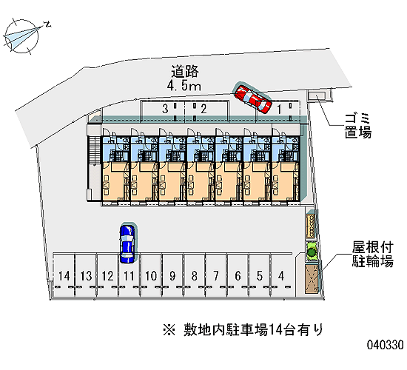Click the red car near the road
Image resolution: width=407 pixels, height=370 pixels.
pos(253,99)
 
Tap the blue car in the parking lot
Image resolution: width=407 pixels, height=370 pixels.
pos(127,243)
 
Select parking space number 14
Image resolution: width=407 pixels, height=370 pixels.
pos(64,276)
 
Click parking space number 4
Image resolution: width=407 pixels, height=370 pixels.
pos(281,276)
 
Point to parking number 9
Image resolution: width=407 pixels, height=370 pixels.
pos(172,276)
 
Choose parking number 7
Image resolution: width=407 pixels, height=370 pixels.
pos(216,276)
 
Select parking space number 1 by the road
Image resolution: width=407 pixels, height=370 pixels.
pos(279,110)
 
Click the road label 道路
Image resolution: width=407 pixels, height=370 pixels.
pos(185,72)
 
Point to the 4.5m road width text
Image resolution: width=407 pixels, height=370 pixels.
pos(184,85)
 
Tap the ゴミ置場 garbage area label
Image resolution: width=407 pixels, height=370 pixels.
pos(358,126)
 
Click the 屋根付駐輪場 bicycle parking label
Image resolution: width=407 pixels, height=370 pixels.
pos(372,255)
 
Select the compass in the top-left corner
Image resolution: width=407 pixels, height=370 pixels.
pos(22,36)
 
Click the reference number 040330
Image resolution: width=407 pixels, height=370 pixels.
pos(386,345)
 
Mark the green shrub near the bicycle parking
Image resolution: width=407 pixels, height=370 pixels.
pos(312,251)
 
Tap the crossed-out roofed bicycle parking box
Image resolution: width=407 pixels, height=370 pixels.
pos(312,279)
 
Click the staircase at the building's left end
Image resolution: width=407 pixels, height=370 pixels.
pos(94,151)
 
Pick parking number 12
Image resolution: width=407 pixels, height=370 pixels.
pos(107,276)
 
